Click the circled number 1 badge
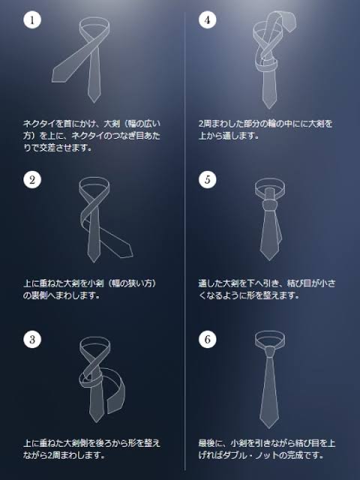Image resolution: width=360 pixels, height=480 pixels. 32,20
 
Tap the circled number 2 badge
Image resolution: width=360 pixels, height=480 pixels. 32,180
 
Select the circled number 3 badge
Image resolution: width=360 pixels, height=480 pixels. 32,339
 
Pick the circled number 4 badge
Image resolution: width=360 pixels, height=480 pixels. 208,20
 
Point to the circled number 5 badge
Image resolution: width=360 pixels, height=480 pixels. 208,180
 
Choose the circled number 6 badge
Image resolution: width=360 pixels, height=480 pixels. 208,339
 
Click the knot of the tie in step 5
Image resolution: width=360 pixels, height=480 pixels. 270,205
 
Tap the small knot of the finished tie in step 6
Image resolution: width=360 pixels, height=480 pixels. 270,352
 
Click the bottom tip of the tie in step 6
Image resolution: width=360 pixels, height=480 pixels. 269,428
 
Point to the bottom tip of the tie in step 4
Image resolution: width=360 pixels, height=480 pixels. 270,108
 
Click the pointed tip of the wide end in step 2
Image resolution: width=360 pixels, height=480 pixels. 133,254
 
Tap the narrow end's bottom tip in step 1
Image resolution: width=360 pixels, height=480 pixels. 94,102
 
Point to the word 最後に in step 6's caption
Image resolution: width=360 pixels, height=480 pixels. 211,443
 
